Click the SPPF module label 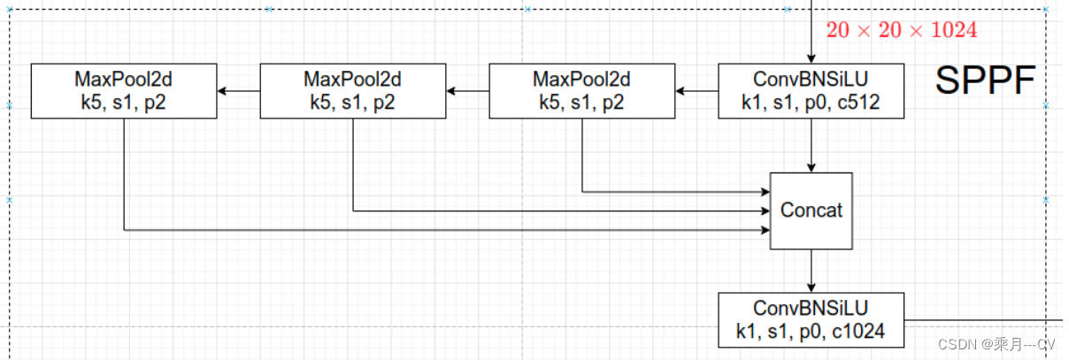(985, 82)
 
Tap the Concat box (811, 211)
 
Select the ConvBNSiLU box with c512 (811, 90)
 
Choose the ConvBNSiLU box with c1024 (811, 319)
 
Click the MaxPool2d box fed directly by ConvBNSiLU (581, 90)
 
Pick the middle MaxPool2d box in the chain (352, 90)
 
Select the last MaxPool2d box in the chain (123, 90)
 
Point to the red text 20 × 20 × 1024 (901, 30)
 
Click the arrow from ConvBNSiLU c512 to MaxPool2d (696, 90)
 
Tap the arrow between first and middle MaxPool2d (467, 90)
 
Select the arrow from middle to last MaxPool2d (238, 90)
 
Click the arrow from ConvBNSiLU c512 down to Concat (811, 144)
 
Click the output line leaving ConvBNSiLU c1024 (982, 319)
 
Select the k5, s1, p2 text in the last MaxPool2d (123, 103)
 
